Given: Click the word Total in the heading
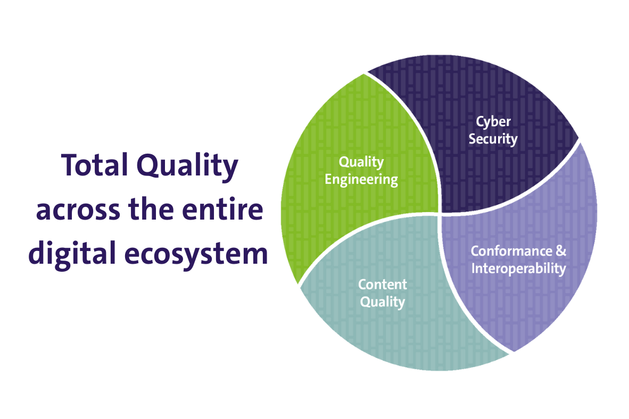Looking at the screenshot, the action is tap(95, 165).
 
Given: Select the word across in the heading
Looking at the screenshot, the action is tap(78, 209).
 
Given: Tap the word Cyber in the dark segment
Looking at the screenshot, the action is tap(493, 122).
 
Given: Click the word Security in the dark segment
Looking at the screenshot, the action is tap(493, 139).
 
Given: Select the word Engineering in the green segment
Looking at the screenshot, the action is tap(361, 180).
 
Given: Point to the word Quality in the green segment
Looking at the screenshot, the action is tap(361, 162).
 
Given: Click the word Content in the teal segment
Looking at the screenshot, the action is tap(383, 284).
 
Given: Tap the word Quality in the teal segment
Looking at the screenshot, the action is tap(383, 302).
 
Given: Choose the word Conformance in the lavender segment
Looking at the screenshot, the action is tap(511, 252).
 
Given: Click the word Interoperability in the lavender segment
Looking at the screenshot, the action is tap(519, 269).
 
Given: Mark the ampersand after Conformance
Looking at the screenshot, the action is tap(561, 252).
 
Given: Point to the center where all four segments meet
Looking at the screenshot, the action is tap(440, 213).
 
